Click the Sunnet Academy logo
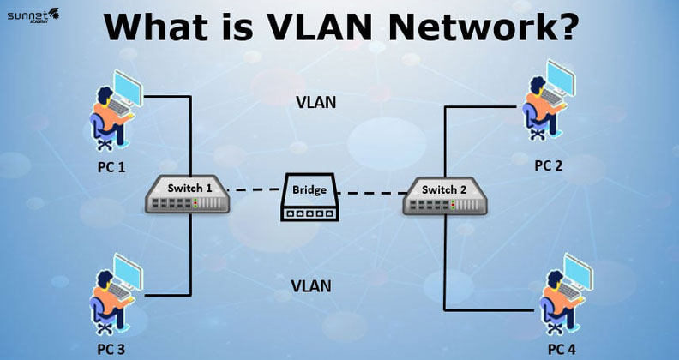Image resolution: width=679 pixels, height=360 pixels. coord(33,14)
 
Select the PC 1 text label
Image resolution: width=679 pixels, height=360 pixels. coord(111,166)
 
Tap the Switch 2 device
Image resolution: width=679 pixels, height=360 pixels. coord(446,196)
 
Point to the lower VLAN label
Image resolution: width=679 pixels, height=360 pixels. coord(310,285)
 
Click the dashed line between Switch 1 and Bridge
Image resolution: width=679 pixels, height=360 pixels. coord(256,189)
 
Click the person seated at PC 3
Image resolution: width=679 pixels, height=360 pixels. coord(108,300)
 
